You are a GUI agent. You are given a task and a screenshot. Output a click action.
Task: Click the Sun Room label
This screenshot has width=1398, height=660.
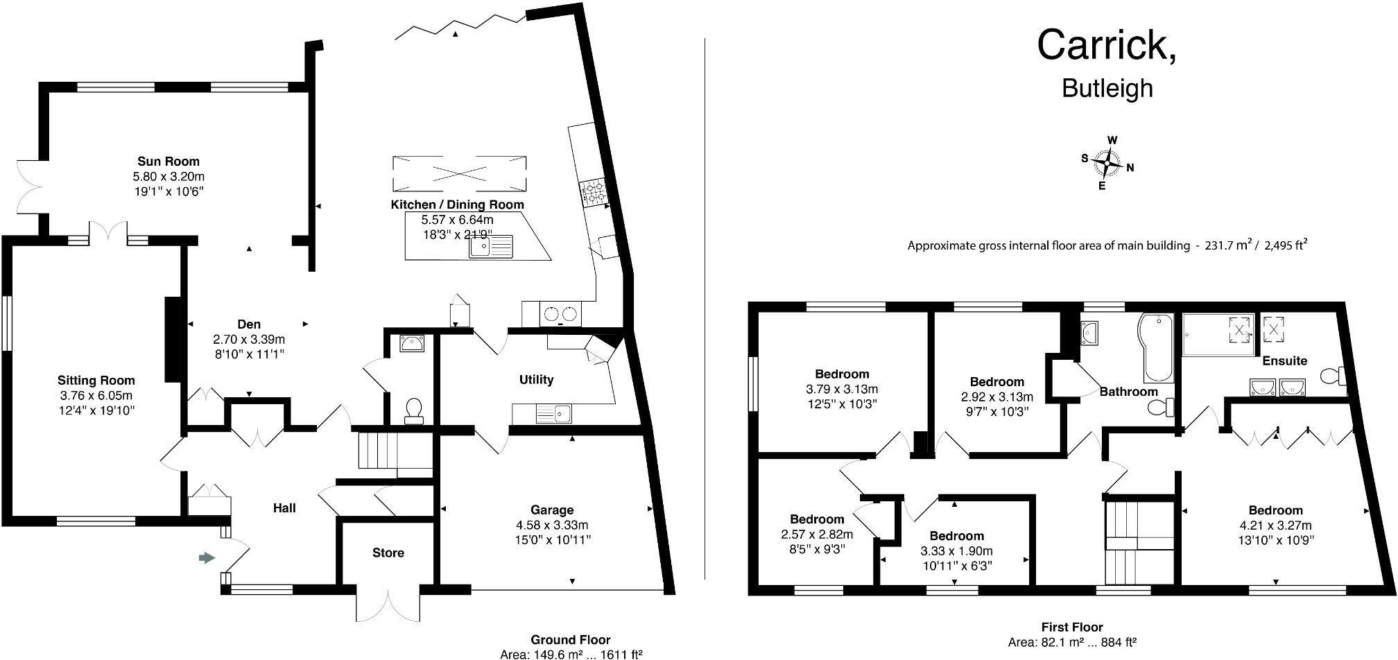tap(168, 162)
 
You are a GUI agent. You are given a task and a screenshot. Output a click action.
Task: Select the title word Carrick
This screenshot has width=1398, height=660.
tap(1106, 45)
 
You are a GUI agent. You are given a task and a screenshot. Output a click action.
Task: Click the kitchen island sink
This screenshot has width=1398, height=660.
tap(490, 246)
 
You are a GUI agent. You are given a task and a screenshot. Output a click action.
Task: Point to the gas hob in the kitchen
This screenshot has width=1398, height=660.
tap(594, 193)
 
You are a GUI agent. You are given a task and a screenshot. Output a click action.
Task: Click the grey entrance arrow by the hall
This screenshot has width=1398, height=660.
tap(207, 557)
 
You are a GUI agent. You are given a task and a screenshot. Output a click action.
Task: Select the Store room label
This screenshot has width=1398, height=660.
tap(388, 553)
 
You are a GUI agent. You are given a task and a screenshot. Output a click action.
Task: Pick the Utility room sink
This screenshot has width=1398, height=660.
tap(553, 415)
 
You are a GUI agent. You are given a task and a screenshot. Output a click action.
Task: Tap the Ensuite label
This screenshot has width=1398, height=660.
tap(1284, 361)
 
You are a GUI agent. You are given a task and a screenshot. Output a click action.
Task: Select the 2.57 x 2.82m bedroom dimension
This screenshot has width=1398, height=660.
tap(817, 534)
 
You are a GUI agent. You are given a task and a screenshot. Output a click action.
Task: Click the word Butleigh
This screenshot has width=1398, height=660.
tap(1107, 89)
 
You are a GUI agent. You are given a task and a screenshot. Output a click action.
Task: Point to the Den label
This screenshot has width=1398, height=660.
tap(249, 324)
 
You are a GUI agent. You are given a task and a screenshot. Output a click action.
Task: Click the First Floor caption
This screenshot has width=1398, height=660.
tap(1072, 627)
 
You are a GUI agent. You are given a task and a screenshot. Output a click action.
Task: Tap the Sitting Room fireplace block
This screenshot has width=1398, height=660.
tap(172, 339)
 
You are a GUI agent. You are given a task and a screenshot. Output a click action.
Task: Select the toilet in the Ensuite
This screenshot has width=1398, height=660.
tap(1332, 376)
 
